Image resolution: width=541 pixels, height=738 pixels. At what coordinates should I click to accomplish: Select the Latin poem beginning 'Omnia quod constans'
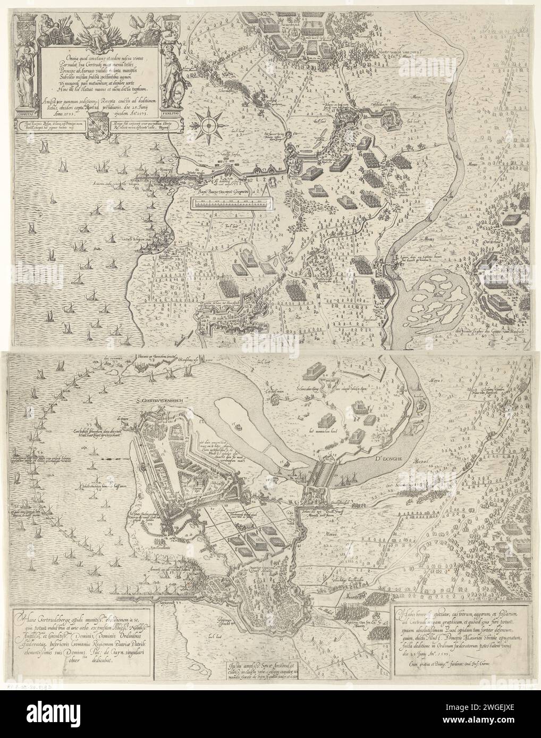pos(99,69)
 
